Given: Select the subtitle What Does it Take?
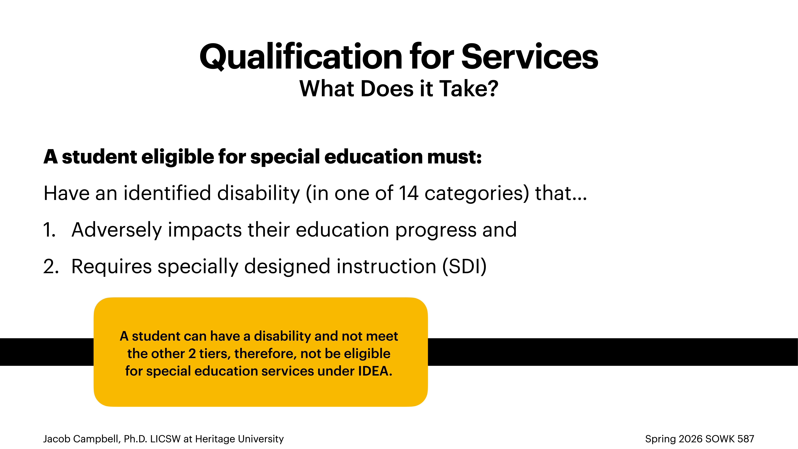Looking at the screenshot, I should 399,89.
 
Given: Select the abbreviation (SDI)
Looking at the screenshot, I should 464,267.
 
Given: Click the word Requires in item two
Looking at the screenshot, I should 112,267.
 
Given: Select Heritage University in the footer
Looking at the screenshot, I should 239,439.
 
